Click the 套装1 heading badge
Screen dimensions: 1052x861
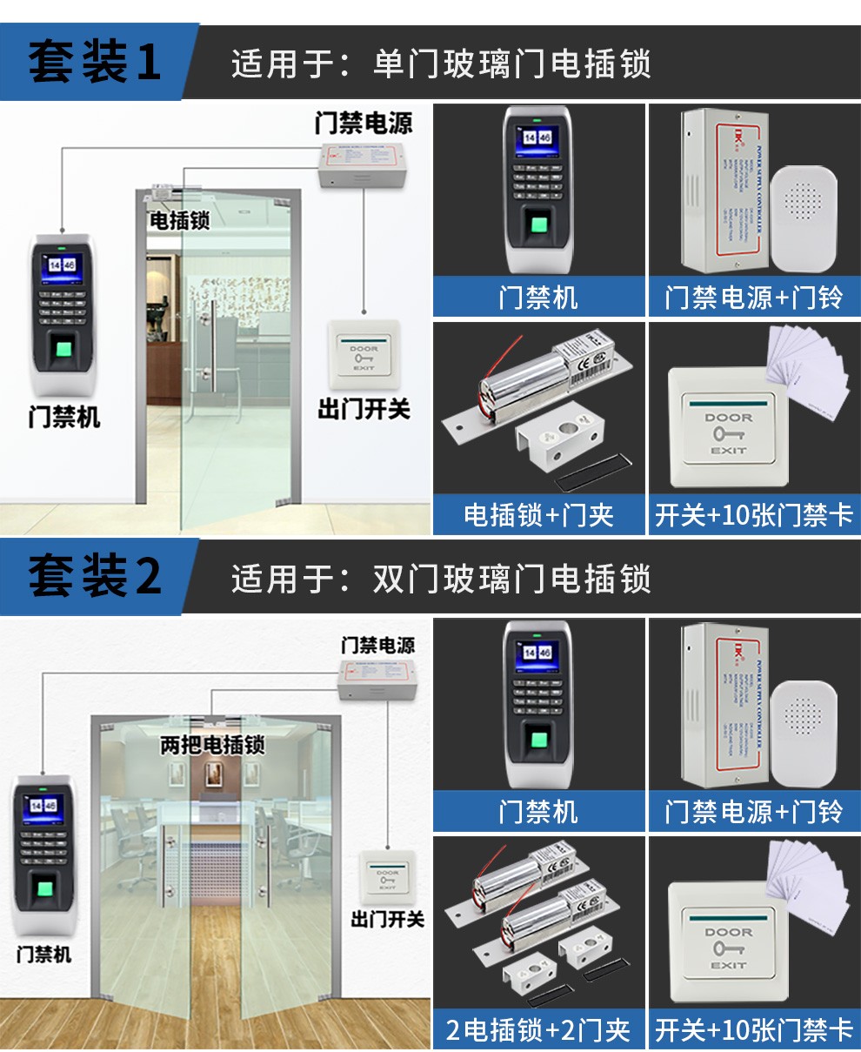(94, 63)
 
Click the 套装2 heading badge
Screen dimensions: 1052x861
(94, 576)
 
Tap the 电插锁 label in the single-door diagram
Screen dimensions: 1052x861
(179, 220)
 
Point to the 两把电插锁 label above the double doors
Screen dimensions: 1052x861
(212, 746)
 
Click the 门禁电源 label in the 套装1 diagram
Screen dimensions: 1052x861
(364, 123)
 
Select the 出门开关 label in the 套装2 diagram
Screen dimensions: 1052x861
(387, 919)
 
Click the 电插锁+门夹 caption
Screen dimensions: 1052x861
(538, 514)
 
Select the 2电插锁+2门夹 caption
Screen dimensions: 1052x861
(538, 1030)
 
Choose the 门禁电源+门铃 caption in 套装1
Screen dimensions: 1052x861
(753, 298)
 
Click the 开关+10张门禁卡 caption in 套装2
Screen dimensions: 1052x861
(753, 1030)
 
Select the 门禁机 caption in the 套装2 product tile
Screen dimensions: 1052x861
(538, 812)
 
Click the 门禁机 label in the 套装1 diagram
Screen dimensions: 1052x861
(64, 418)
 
